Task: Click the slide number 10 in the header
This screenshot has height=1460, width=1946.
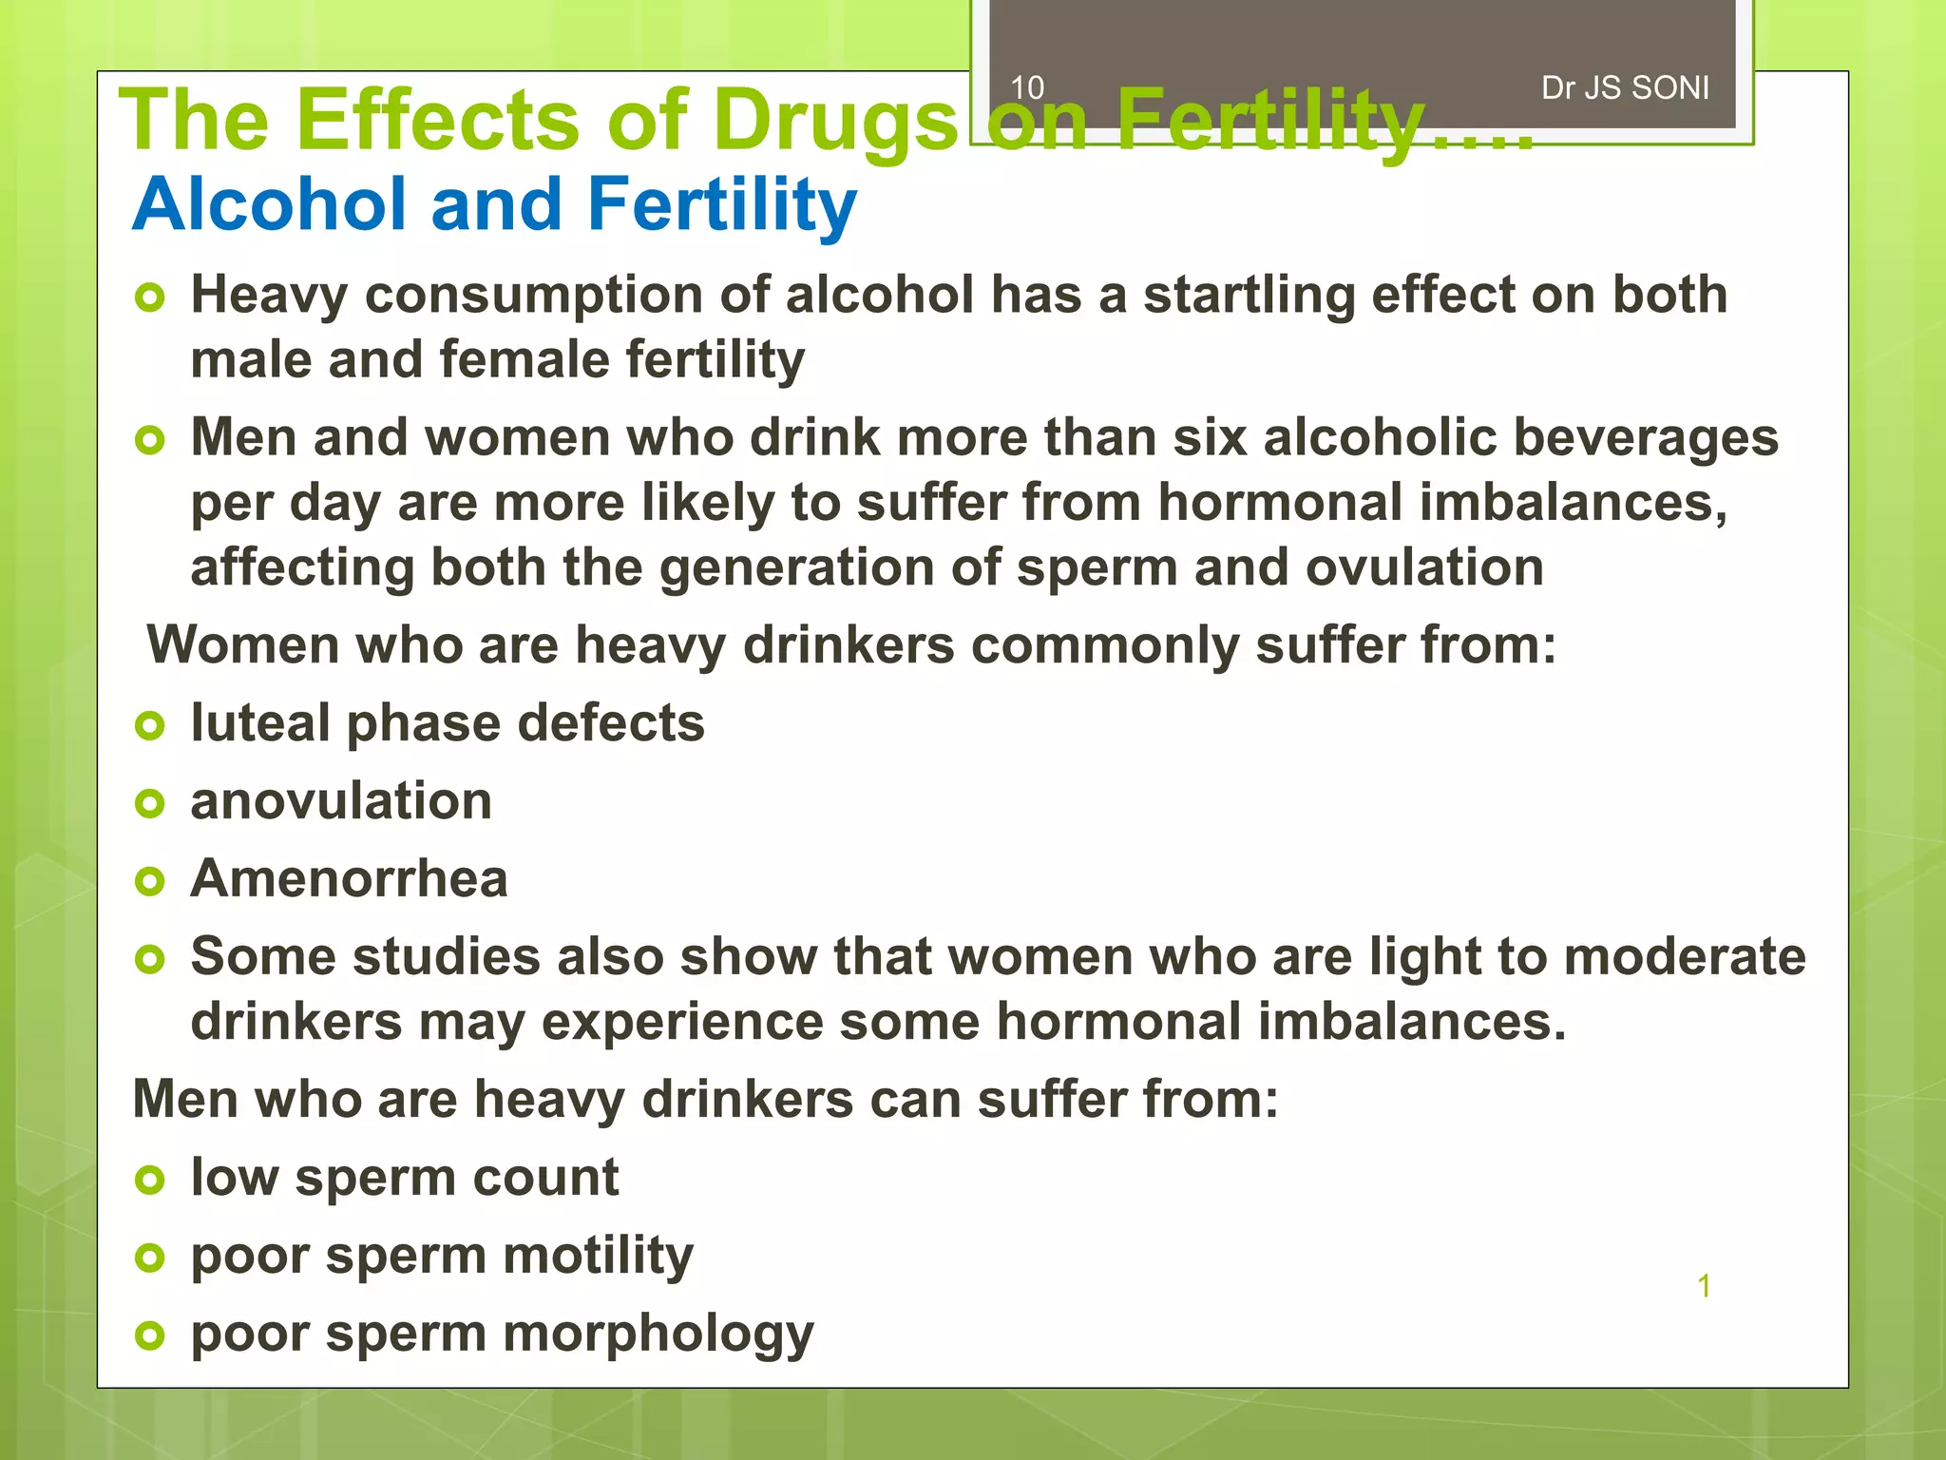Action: coord(1027,88)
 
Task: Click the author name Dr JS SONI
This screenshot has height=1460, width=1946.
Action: coord(1625,88)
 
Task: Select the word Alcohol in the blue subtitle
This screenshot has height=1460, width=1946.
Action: coord(271,204)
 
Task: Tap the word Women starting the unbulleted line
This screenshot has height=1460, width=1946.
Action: coord(242,645)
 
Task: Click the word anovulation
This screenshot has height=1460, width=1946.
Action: coord(341,801)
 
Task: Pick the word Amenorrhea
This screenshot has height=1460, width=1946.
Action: coord(349,879)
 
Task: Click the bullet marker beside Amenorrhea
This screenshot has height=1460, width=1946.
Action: coord(150,881)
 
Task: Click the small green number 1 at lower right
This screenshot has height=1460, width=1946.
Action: coord(1704,1286)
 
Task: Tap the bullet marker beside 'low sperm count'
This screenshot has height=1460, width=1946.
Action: coord(150,1181)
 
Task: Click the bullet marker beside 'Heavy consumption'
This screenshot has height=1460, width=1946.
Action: coord(150,298)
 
